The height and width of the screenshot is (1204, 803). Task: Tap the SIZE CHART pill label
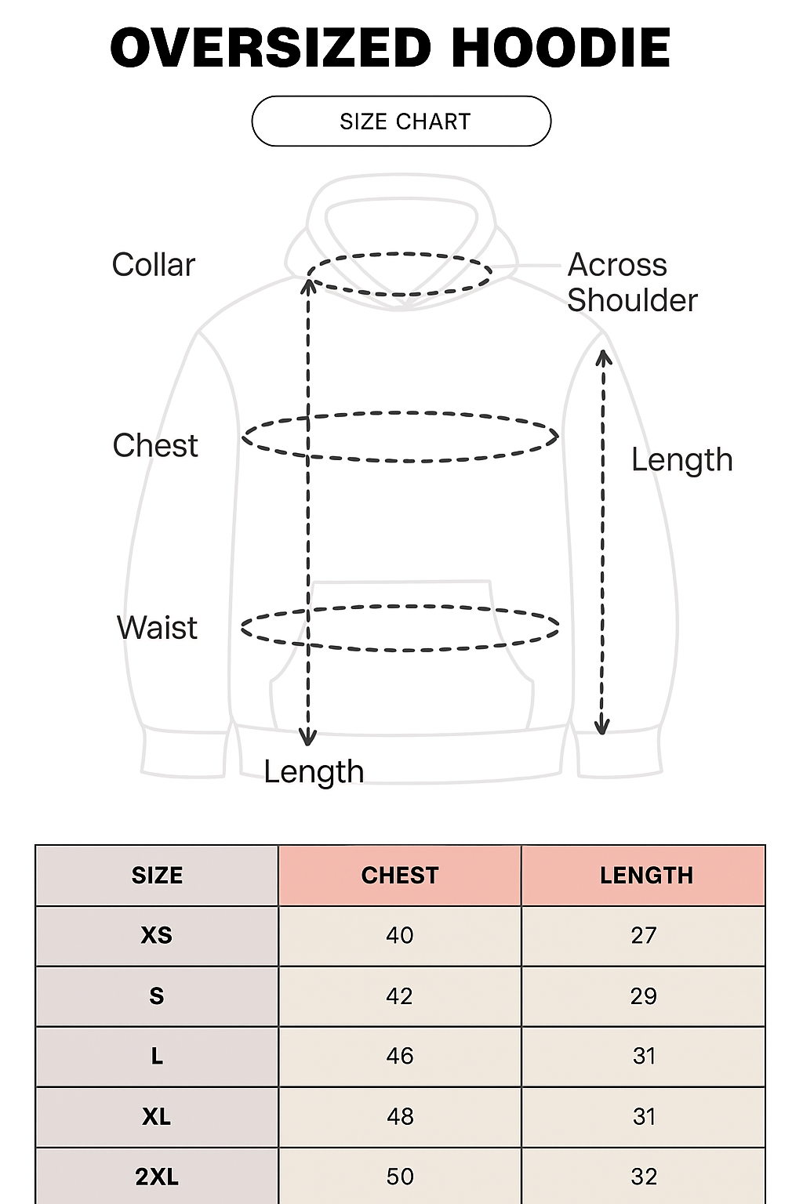pyautogui.click(x=405, y=121)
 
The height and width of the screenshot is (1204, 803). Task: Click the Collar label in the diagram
pyautogui.click(x=153, y=265)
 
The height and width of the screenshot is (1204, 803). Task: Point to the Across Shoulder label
pyautogui.click(x=631, y=282)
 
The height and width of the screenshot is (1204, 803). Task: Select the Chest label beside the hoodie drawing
pyautogui.click(x=155, y=445)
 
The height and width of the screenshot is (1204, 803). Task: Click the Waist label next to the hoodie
pyautogui.click(x=157, y=628)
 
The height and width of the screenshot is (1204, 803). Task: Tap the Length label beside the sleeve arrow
pyautogui.click(x=681, y=460)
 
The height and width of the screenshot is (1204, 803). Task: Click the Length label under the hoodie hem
pyautogui.click(x=314, y=772)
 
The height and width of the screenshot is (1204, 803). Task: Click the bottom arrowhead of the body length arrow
pyautogui.click(x=308, y=738)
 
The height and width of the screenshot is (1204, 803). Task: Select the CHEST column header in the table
pyautogui.click(x=400, y=876)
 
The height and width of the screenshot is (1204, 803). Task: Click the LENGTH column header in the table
pyautogui.click(x=646, y=876)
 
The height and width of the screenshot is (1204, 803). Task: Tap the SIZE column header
pyautogui.click(x=157, y=876)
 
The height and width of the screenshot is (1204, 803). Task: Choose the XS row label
pyautogui.click(x=157, y=935)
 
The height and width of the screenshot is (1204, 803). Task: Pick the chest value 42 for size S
pyautogui.click(x=399, y=996)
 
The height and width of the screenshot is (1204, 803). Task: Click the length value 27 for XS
pyautogui.click(x=644, y=935)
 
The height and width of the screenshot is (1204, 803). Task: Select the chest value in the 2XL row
pyautogui.click(x=400, y=1177)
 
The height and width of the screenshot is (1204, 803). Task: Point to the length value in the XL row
pyautogui.click(x=644, y=1116)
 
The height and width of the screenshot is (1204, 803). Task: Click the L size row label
pyautogui.click(x=157, y=1057)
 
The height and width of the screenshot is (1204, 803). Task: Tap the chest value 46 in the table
pyautogui.click(x=400, y=1056)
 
